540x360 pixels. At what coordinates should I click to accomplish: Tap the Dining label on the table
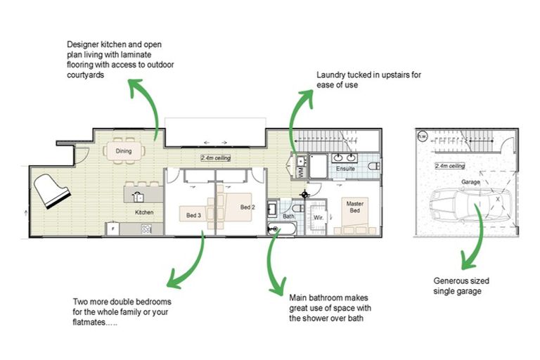pyautogui.click(x=124, y=151)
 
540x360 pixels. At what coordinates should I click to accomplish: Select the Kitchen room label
pyautogui.click(x=144, y=212)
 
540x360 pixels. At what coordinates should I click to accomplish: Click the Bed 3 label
pyautogui.click(x=193, y=215)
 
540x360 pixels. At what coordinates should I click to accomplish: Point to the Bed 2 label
pyautogui.click(x=247, y=207)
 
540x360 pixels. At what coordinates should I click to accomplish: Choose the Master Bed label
pyautogui.click(x=355, y=207)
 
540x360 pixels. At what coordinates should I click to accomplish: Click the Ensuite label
pyautogui.click(x=345, y=169)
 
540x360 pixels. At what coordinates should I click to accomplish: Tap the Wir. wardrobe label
pyautogui.click(x=319, y=217)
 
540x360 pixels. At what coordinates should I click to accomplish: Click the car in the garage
pyautogui.click(x=471, y=205)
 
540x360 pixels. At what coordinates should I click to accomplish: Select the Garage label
pyautogui.click(x=470, y=182)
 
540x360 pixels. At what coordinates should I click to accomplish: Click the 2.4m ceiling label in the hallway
pyautogui.click(x=216, y=157)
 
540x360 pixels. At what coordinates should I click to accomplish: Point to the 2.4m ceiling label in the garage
pyautogui.click(x=450, y=166)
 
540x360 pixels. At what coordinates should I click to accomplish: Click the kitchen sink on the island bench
pyautogui.click(x=138, y=197)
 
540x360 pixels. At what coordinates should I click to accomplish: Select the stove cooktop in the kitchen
pyautogui.click(x=146, y=229)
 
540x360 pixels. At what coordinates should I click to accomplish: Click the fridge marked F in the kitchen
pyautogui.click(x=112, y=229)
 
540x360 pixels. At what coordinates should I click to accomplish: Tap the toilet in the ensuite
pyautogui.click(x=374, y=166)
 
